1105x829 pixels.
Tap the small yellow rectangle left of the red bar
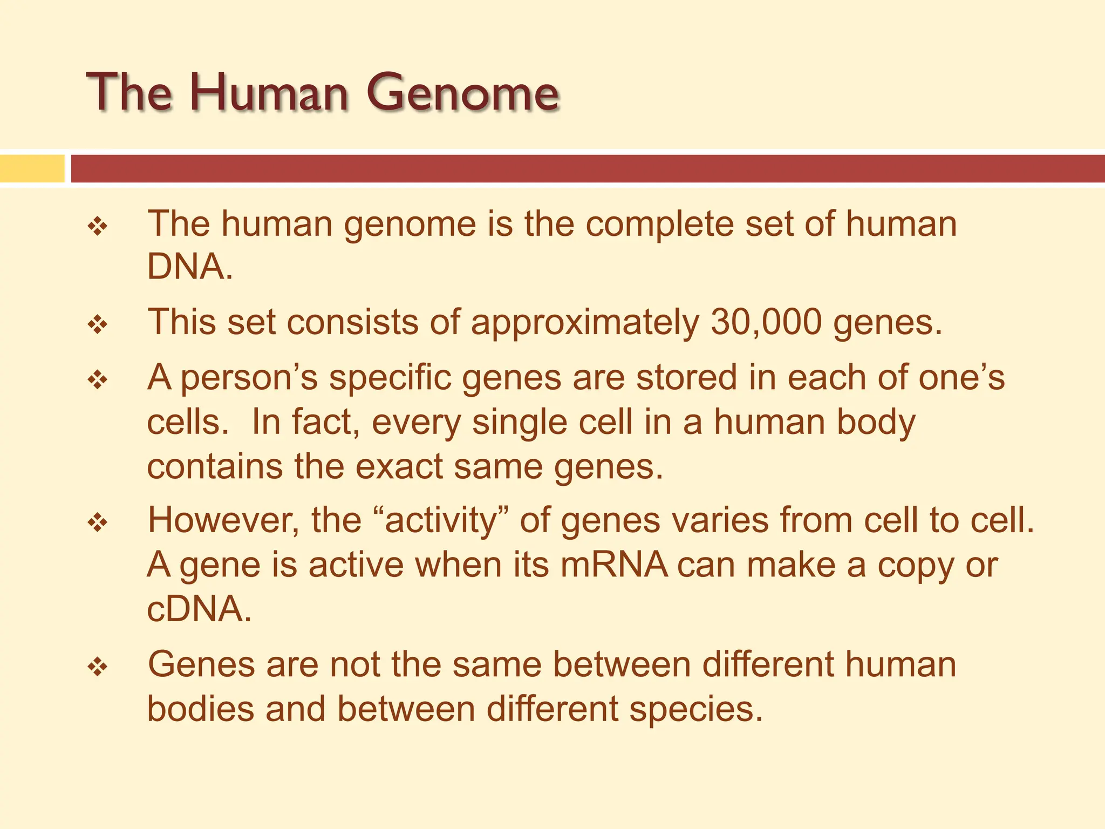pos(32,168)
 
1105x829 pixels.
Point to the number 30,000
pos(766,322)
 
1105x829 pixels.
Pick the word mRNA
pos(614,565)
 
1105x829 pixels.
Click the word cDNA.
pos(199,609)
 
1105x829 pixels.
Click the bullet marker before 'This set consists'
pos(98,325)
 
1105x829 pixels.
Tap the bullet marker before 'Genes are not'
pos(98,667)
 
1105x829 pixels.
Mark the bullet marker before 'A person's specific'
pos(98,380)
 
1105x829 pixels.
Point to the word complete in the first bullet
pos(659,225)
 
